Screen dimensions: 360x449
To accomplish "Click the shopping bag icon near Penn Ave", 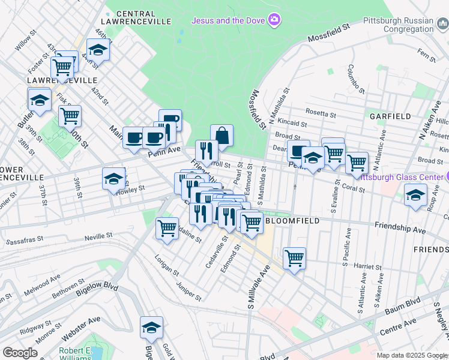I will pos(221,136).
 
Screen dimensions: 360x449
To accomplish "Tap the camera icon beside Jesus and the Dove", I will pos(274,20).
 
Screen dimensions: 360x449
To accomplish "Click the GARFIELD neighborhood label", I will pos(390,116).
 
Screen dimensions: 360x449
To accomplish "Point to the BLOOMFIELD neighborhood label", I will pos(291,220).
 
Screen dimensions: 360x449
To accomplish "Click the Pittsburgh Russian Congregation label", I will pos(399,25).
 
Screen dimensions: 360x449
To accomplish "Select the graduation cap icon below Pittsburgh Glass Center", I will pos(415,196).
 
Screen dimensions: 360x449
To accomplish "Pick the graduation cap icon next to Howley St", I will pos(113,178).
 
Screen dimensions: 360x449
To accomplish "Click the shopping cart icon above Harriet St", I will pos(294,259).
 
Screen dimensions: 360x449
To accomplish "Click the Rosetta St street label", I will pos(320,112).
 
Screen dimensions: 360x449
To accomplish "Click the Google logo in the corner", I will pos(20,353).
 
